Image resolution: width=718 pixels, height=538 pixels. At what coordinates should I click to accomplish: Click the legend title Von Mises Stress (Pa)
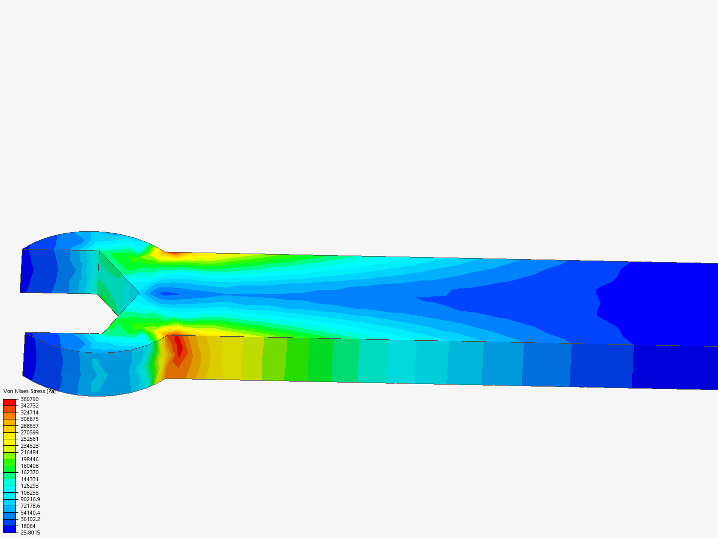coord(29,391)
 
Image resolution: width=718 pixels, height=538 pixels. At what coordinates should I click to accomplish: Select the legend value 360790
coord(29,399)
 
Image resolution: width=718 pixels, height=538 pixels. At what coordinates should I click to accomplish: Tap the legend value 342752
coord(29,405)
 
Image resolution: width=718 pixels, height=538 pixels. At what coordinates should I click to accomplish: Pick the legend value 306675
coord(29,419)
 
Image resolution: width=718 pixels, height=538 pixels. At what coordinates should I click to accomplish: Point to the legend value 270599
coord(29,432)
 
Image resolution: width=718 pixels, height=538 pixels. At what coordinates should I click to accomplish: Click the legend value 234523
coord(29,446)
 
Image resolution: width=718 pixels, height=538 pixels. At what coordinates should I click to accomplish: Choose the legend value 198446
coord(29,459)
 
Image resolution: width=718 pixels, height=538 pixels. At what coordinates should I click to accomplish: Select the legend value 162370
coord(29,472)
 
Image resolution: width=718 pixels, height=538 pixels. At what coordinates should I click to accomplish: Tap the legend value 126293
coord(29,486)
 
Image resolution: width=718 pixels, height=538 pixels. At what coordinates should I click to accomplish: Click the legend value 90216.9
coord(30,499)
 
